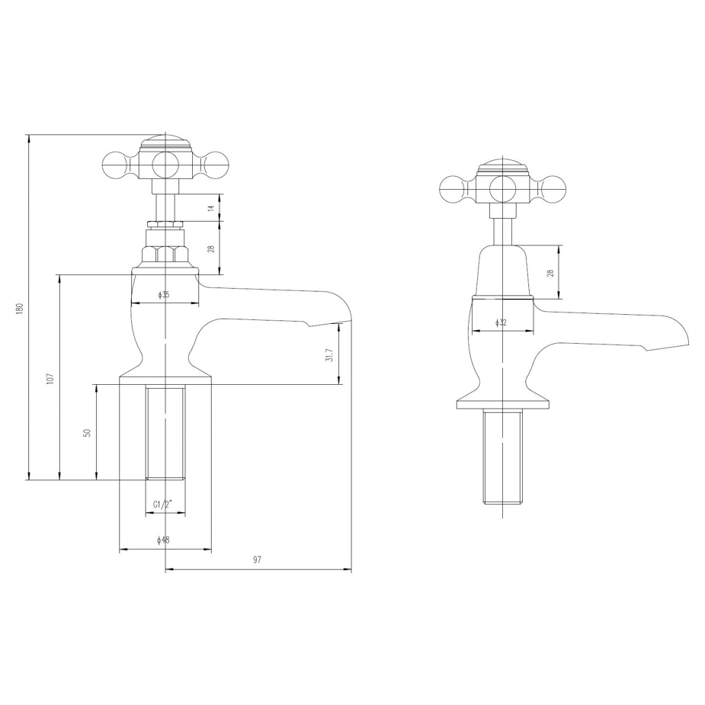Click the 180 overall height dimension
pyautogui.click(x=21, y=308)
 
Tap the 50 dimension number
pyautogui.click(x=88, y=432)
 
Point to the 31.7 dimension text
pyautogui.click(x=329, y=355)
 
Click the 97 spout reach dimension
pyautogui.click(x=257, y=560)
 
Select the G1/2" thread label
pyautogui.click(x=164, y=505)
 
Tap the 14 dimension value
pyautogui.click(x=212, y=207)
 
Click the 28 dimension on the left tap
pyautogui.click(x=212, y=248)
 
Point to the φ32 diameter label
pyautogui.click(x=501, y=322)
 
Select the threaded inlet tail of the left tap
pyautogui.click(x=165, y=432)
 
